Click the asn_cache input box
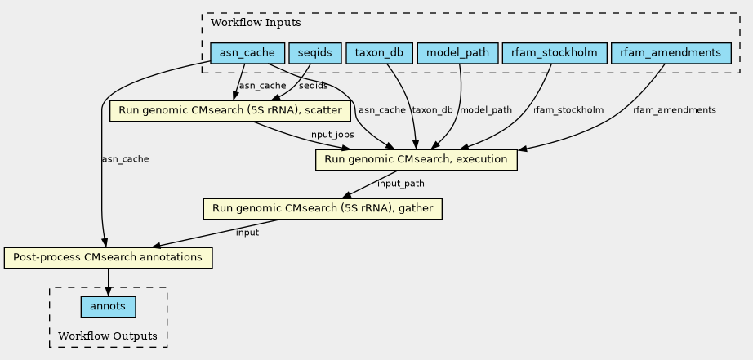point(247,53)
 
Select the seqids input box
point(315,53)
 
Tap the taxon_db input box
point(380,53)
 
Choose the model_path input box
point(457,53)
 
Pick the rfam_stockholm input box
point(555,53)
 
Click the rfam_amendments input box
point(671,53)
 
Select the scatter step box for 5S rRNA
point(230,111)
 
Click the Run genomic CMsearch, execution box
point(416,160)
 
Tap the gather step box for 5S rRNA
point(323,209)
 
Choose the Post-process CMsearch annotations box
point(108,258)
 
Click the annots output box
point(108,307)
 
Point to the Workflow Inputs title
point(256,23)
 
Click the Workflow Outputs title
point(108,336)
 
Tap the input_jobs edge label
point(332,135)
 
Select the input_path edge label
point(401,184)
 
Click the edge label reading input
point(247,233)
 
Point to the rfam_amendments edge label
point(675,110)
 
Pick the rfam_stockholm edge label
point(568,110)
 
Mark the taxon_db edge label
point(433,110)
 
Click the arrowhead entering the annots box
point(108,292)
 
